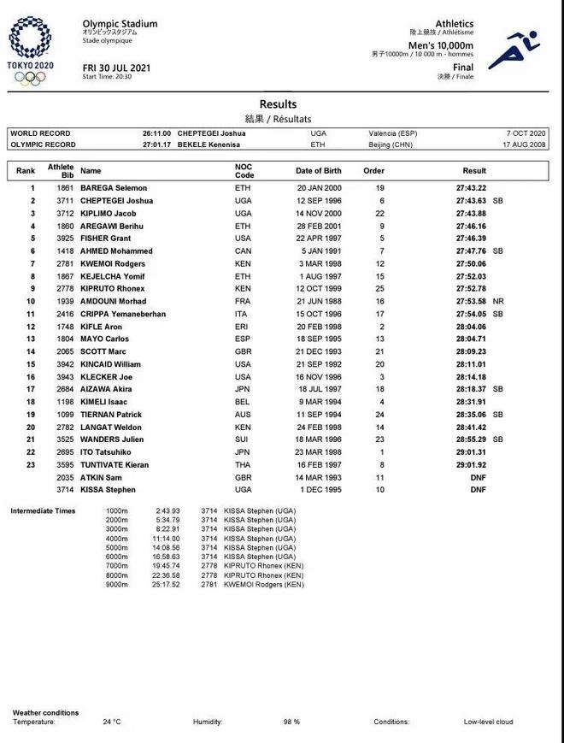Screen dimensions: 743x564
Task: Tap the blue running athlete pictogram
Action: pyautogui.click(x=514, y=50)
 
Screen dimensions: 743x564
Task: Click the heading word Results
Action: pyautogui.click(x=279, y=104)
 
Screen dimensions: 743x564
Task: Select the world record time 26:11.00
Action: pyautogui.click(x=157, y=133)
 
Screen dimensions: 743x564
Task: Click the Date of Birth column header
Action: pyautogui.click(x=319, y=170)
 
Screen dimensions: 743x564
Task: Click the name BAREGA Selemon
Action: pyautogui.click(x=114, y=188)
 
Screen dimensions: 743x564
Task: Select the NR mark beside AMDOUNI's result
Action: pyautogui.click(x=499, y=302)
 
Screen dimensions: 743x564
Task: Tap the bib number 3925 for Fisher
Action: pyautogui.click(x=66, y=239)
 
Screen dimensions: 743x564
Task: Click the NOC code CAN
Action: pyautogui.click(x=243, y=251)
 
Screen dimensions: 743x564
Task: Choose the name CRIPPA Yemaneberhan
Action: pyautogui.click(x=123, y=315)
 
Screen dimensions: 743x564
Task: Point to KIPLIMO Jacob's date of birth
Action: pyautogui.click(x=319, y=214)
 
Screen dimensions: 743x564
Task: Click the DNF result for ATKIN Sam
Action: pyautogui.click(x=478, y=478)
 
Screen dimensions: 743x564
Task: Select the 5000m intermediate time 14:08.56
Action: pyautogui.click(x=167, y=547)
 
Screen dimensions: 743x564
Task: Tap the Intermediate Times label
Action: pyautogui.click(x=44, y=510)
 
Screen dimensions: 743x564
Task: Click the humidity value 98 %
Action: pyautogui.click(x=291, y=722)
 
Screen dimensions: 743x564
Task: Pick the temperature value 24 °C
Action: pyautogui.click(x=112, y=722)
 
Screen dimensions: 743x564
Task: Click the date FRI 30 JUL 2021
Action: pyautogui.click(x=116, y=68)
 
